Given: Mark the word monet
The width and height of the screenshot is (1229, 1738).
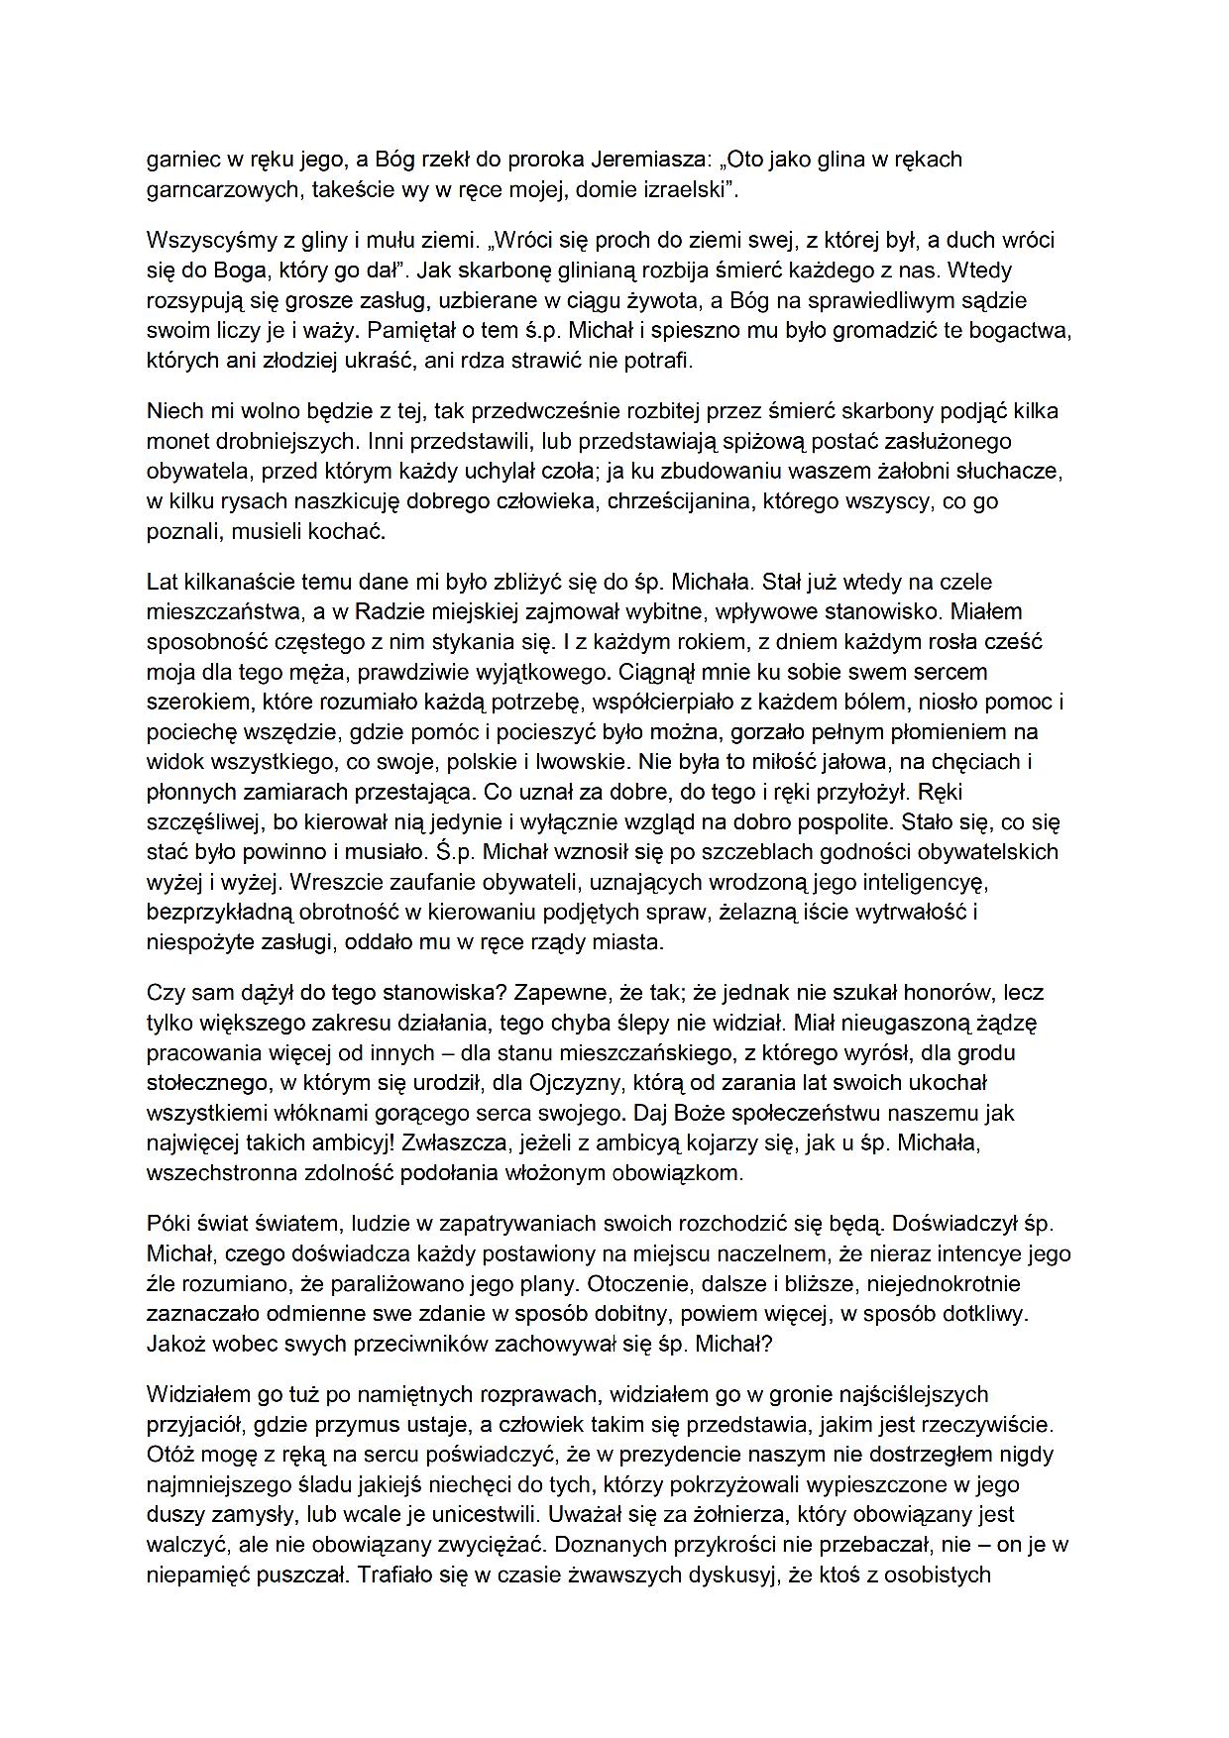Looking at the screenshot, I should pos(174,441).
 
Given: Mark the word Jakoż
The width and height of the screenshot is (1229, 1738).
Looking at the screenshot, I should pos(174,1345).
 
